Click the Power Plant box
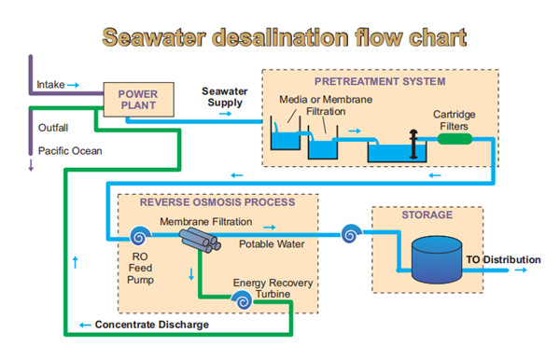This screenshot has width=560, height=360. (137, 99)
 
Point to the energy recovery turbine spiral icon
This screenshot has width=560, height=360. (243, 300)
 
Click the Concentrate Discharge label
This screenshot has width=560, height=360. (151, 325)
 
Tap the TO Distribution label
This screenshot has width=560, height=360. (503, 259)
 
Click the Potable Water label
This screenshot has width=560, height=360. (273, 243)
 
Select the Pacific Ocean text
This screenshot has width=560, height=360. (71, 150)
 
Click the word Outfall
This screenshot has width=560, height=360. (53, 128)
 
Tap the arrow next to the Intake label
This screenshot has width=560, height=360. (74, 85)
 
